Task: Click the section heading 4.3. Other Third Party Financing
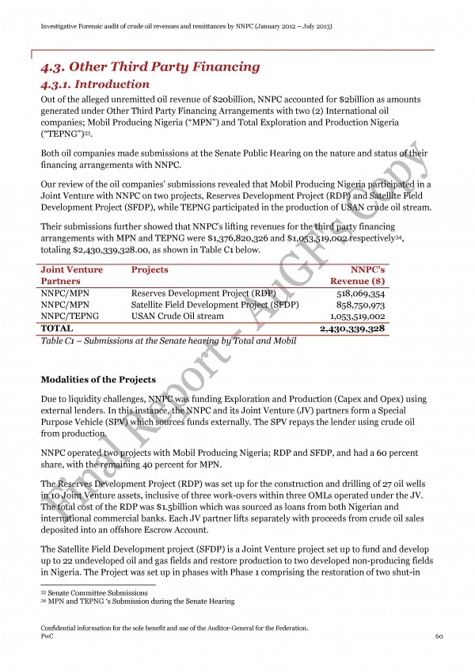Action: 150,66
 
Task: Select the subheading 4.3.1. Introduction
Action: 94,84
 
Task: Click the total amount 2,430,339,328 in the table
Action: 351,328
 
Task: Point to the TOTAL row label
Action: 56,328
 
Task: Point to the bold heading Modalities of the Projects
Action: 98,379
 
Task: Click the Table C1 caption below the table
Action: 168,340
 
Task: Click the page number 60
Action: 438,636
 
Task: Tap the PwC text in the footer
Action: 47,636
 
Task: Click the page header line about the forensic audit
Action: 186,26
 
